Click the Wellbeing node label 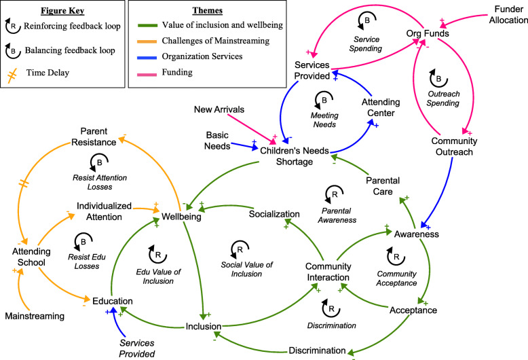(x=181, y=217)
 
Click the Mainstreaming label (x=34, y=316)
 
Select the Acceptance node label (x=432, y=310)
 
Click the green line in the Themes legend (x=148, y=24)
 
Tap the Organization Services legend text (x=208, y=58)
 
